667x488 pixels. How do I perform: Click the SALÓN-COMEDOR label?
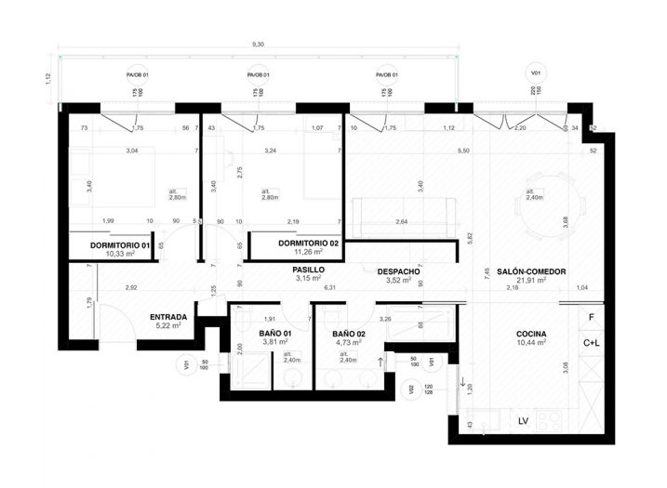click(532, 271)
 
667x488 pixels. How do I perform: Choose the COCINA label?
click(531, 335)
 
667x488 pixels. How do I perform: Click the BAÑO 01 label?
click(276, 333)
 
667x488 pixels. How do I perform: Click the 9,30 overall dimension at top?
click(258, 44)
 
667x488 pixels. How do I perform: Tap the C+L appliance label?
click(592, 342)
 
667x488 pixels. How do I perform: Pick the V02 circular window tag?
click(409, 391)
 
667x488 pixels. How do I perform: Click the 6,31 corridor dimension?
click(329, 287)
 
